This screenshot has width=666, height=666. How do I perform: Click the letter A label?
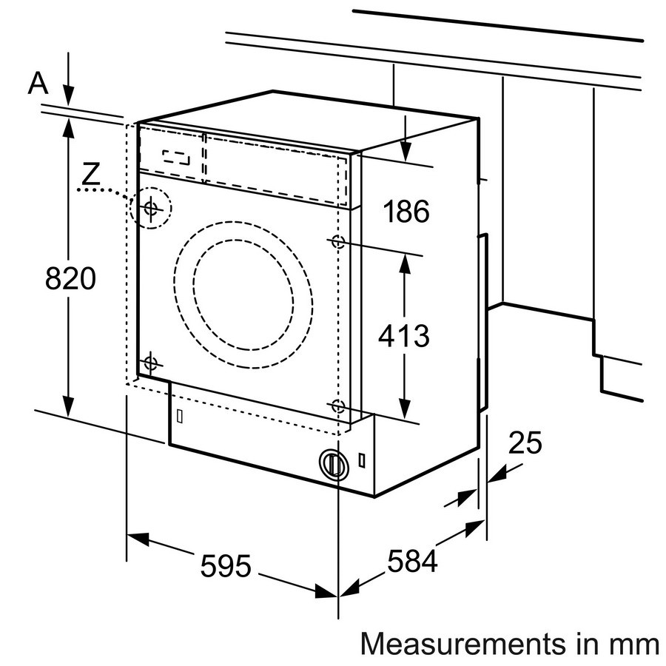(x=38, y=84)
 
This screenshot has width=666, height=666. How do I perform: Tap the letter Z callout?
(x=90, y=174)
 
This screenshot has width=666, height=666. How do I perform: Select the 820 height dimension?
(x=71, y=279)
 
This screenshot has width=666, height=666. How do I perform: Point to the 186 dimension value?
(x=406, y=212)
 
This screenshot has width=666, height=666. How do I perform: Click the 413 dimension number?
(x=403, y=336)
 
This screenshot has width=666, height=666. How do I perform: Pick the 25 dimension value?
(x=525, y=443)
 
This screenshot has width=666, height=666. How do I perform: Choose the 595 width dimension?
(x=226, y=567)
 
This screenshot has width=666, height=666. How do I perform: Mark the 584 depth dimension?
(x=411, y=562)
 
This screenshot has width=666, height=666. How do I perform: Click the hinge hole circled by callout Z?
(x=150, y=208)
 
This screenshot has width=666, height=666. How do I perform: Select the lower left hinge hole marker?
(x=150, y=363)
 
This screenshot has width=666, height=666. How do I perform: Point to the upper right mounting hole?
(x=337, y=241)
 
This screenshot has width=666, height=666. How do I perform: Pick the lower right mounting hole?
(x=337, y=406)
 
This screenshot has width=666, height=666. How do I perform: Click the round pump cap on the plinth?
(x=333, y=464)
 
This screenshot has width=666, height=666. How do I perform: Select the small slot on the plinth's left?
(x=179, y=416)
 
